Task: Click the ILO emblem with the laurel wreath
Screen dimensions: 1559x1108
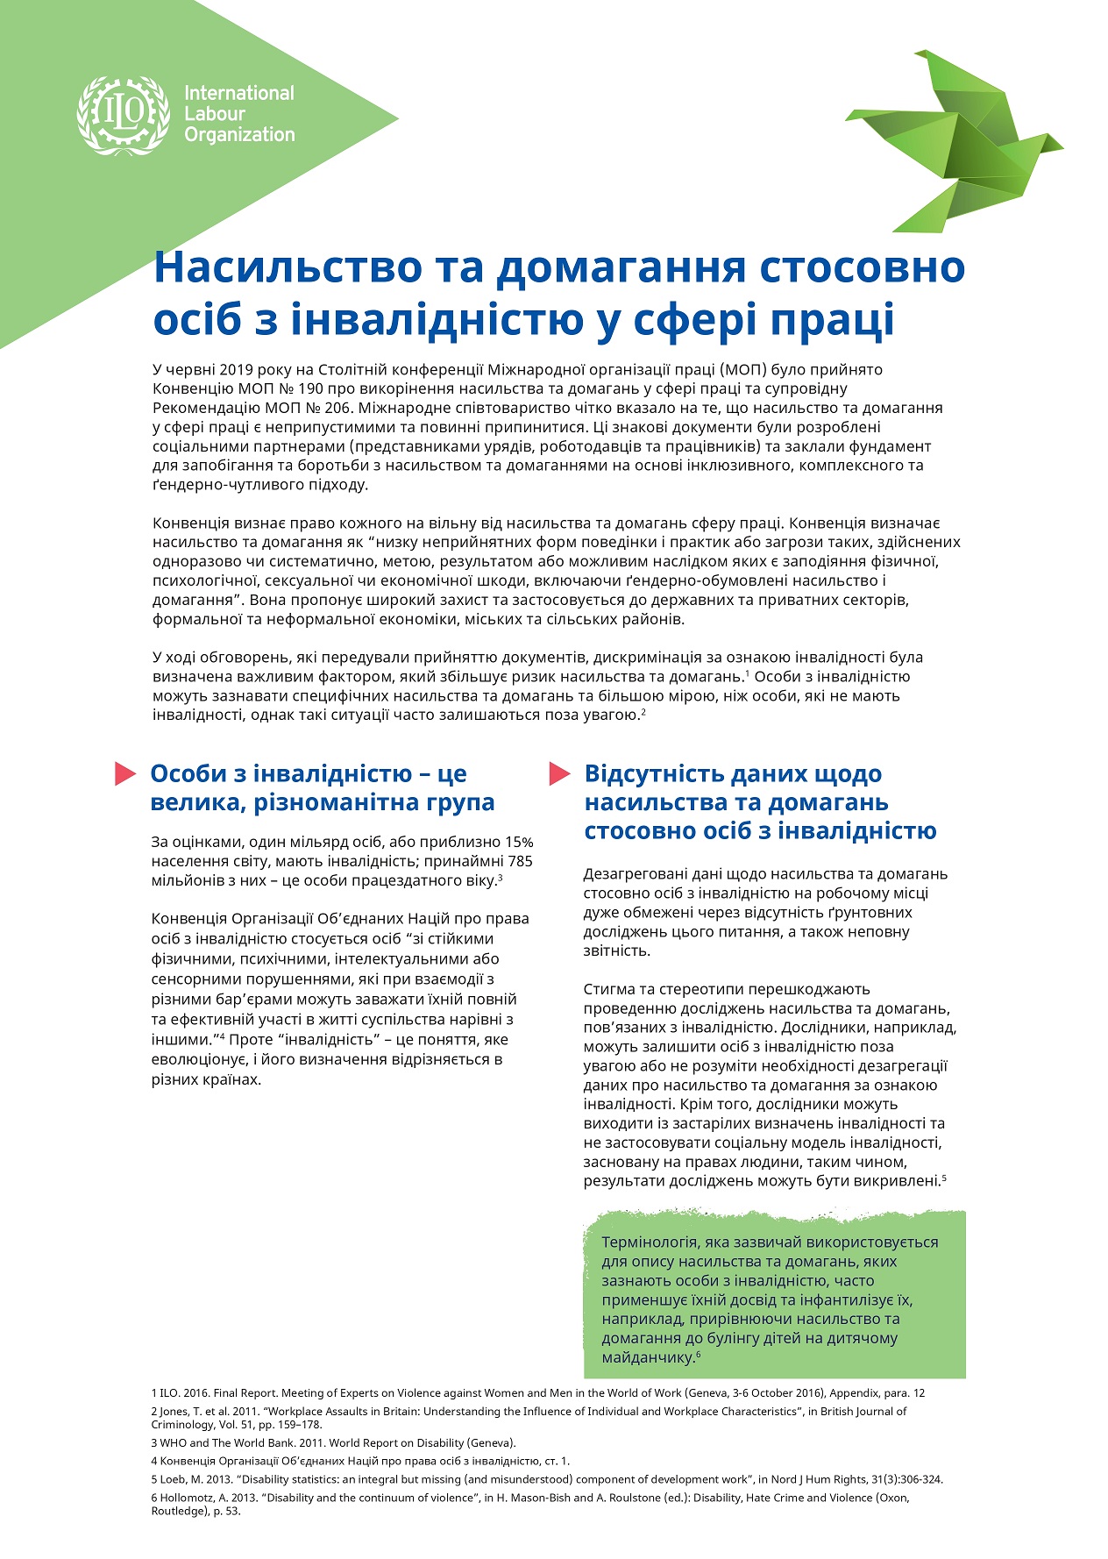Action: coord(122,114)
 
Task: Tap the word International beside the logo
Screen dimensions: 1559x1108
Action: coord(238,93)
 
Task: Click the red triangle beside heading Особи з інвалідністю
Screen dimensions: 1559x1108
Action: coord(125,773)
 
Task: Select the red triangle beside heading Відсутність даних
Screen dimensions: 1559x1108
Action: coord(560,773)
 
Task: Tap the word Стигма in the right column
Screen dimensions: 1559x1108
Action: coord(607,989)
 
